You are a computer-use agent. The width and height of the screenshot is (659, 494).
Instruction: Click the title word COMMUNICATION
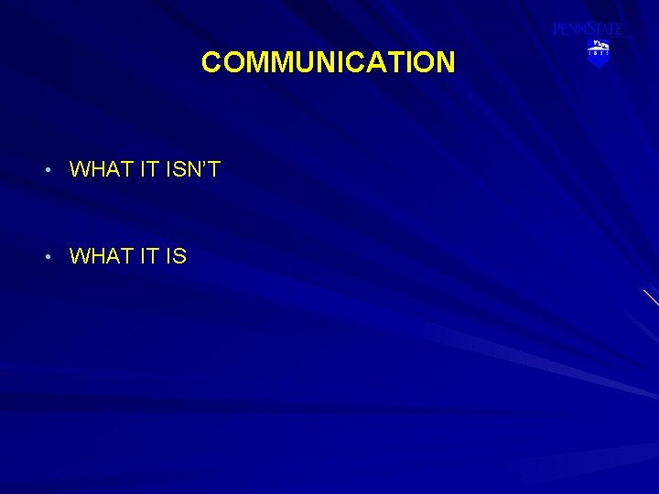pyautogui.click(x=328, y=62)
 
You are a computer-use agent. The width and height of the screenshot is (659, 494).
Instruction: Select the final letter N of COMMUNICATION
pyautogui.click(x=444, y=62)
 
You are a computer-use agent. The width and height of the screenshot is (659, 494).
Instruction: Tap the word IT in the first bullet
pyautogui.click(x=147, y=169)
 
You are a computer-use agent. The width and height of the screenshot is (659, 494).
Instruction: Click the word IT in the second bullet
pyautogui.click(x=147, y=256)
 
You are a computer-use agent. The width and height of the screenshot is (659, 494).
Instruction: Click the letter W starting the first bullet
pyautogui.click(x=80, y=169)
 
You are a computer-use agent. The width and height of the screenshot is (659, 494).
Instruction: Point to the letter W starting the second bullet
pyautogui.click(x=80, y=256)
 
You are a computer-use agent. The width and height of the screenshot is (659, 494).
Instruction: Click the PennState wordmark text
pyautogui.click(x=589, y=29)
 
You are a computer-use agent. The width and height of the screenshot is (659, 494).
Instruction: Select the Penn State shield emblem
pyautogui.click(x=599, y=52)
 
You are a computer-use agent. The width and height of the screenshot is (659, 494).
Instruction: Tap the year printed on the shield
pyautogui.click(x=599, y=54)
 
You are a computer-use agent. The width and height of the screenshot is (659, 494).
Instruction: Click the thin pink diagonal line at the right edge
pyautogui.click(x=650, y=296)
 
